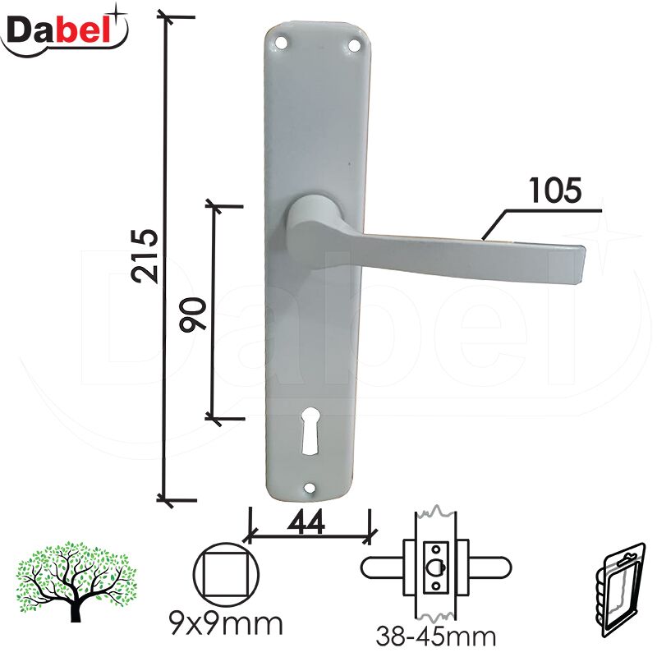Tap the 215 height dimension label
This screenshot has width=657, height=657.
click(145, 256)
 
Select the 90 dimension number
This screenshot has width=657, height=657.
click(193, 315)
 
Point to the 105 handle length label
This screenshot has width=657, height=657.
click(555, 191)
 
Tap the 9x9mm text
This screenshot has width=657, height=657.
click(226, 625)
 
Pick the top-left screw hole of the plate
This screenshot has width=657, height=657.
click(281, 43)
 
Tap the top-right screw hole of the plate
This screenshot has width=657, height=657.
click(355, 45)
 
